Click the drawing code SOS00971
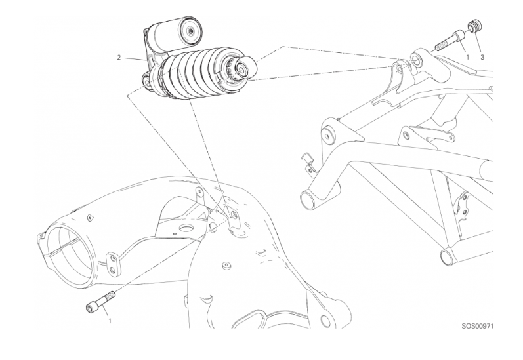[477, 326]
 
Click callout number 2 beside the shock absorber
[119, 58]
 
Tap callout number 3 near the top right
[482, 57]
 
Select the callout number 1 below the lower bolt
[110, 321]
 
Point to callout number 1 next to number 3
[467, 57]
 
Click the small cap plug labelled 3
[474, 26]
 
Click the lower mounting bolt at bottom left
[101, 302]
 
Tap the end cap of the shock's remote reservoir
[190, 31]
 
